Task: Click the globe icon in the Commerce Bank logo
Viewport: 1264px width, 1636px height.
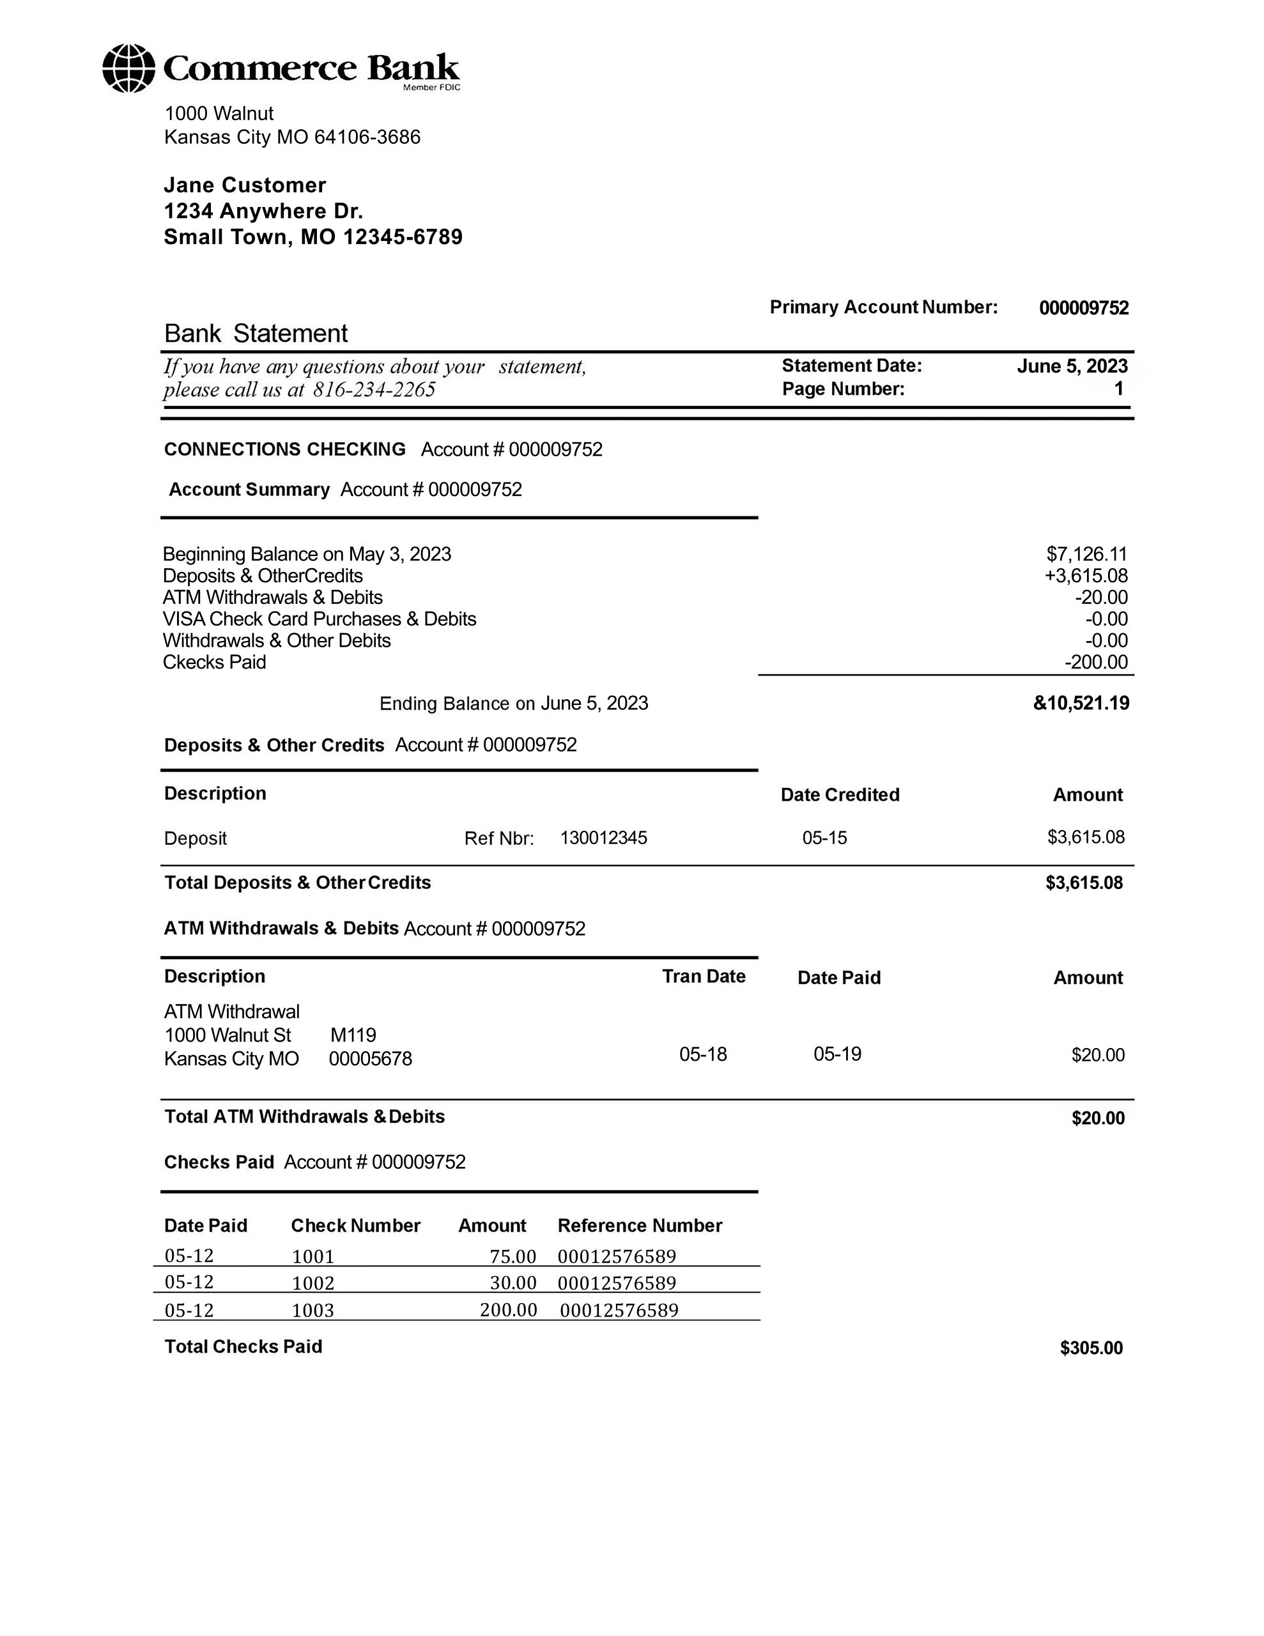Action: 129,68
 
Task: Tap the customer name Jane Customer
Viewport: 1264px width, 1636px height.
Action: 245,185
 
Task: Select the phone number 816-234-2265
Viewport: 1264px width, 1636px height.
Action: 374,390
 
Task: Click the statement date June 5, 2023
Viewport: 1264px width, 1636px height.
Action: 1072,366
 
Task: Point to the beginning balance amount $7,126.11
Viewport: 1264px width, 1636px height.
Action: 1086,553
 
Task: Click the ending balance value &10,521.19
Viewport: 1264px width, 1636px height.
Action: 1081,702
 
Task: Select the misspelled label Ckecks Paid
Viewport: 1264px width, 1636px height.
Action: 214,662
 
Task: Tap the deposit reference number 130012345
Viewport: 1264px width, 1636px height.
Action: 603,837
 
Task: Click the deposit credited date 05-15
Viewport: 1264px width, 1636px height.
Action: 824,837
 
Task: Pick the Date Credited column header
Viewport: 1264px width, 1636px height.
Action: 840,795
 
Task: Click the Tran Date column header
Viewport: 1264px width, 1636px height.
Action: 704,976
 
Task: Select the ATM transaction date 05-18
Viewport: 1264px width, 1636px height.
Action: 703,1054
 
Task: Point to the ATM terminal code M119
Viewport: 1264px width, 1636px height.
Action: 353,1035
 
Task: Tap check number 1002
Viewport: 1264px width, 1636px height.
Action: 313,1283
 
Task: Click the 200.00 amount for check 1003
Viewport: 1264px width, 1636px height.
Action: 508,1310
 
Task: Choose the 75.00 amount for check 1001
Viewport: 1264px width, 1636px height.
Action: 513,1256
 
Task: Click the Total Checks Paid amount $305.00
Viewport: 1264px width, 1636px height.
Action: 1091,1348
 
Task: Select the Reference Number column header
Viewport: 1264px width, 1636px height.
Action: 640,1226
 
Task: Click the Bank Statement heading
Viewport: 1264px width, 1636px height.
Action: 256,334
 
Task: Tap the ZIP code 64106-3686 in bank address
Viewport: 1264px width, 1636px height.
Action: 367,137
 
